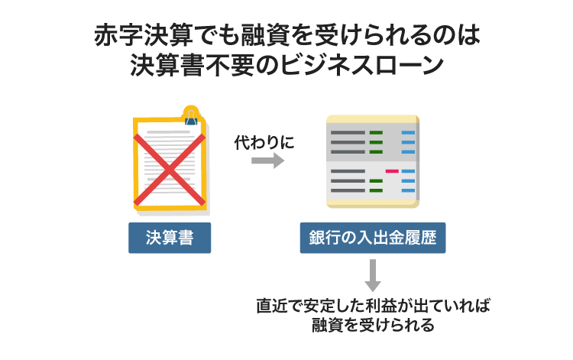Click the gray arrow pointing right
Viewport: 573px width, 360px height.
pyautogui.click(x=267, y=161)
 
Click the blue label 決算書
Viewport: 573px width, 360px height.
pyautogui.click(x=169, y=238)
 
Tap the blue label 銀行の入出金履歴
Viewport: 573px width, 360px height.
pyautogui.click(x=372, y=238)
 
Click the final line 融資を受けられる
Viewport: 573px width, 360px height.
pyautogui.click(x=372, y=325)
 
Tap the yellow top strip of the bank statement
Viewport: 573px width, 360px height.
pyautogui.click(x=372, y=118)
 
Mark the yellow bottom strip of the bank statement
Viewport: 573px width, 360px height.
pyautogui.click(x=372, y=203)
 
